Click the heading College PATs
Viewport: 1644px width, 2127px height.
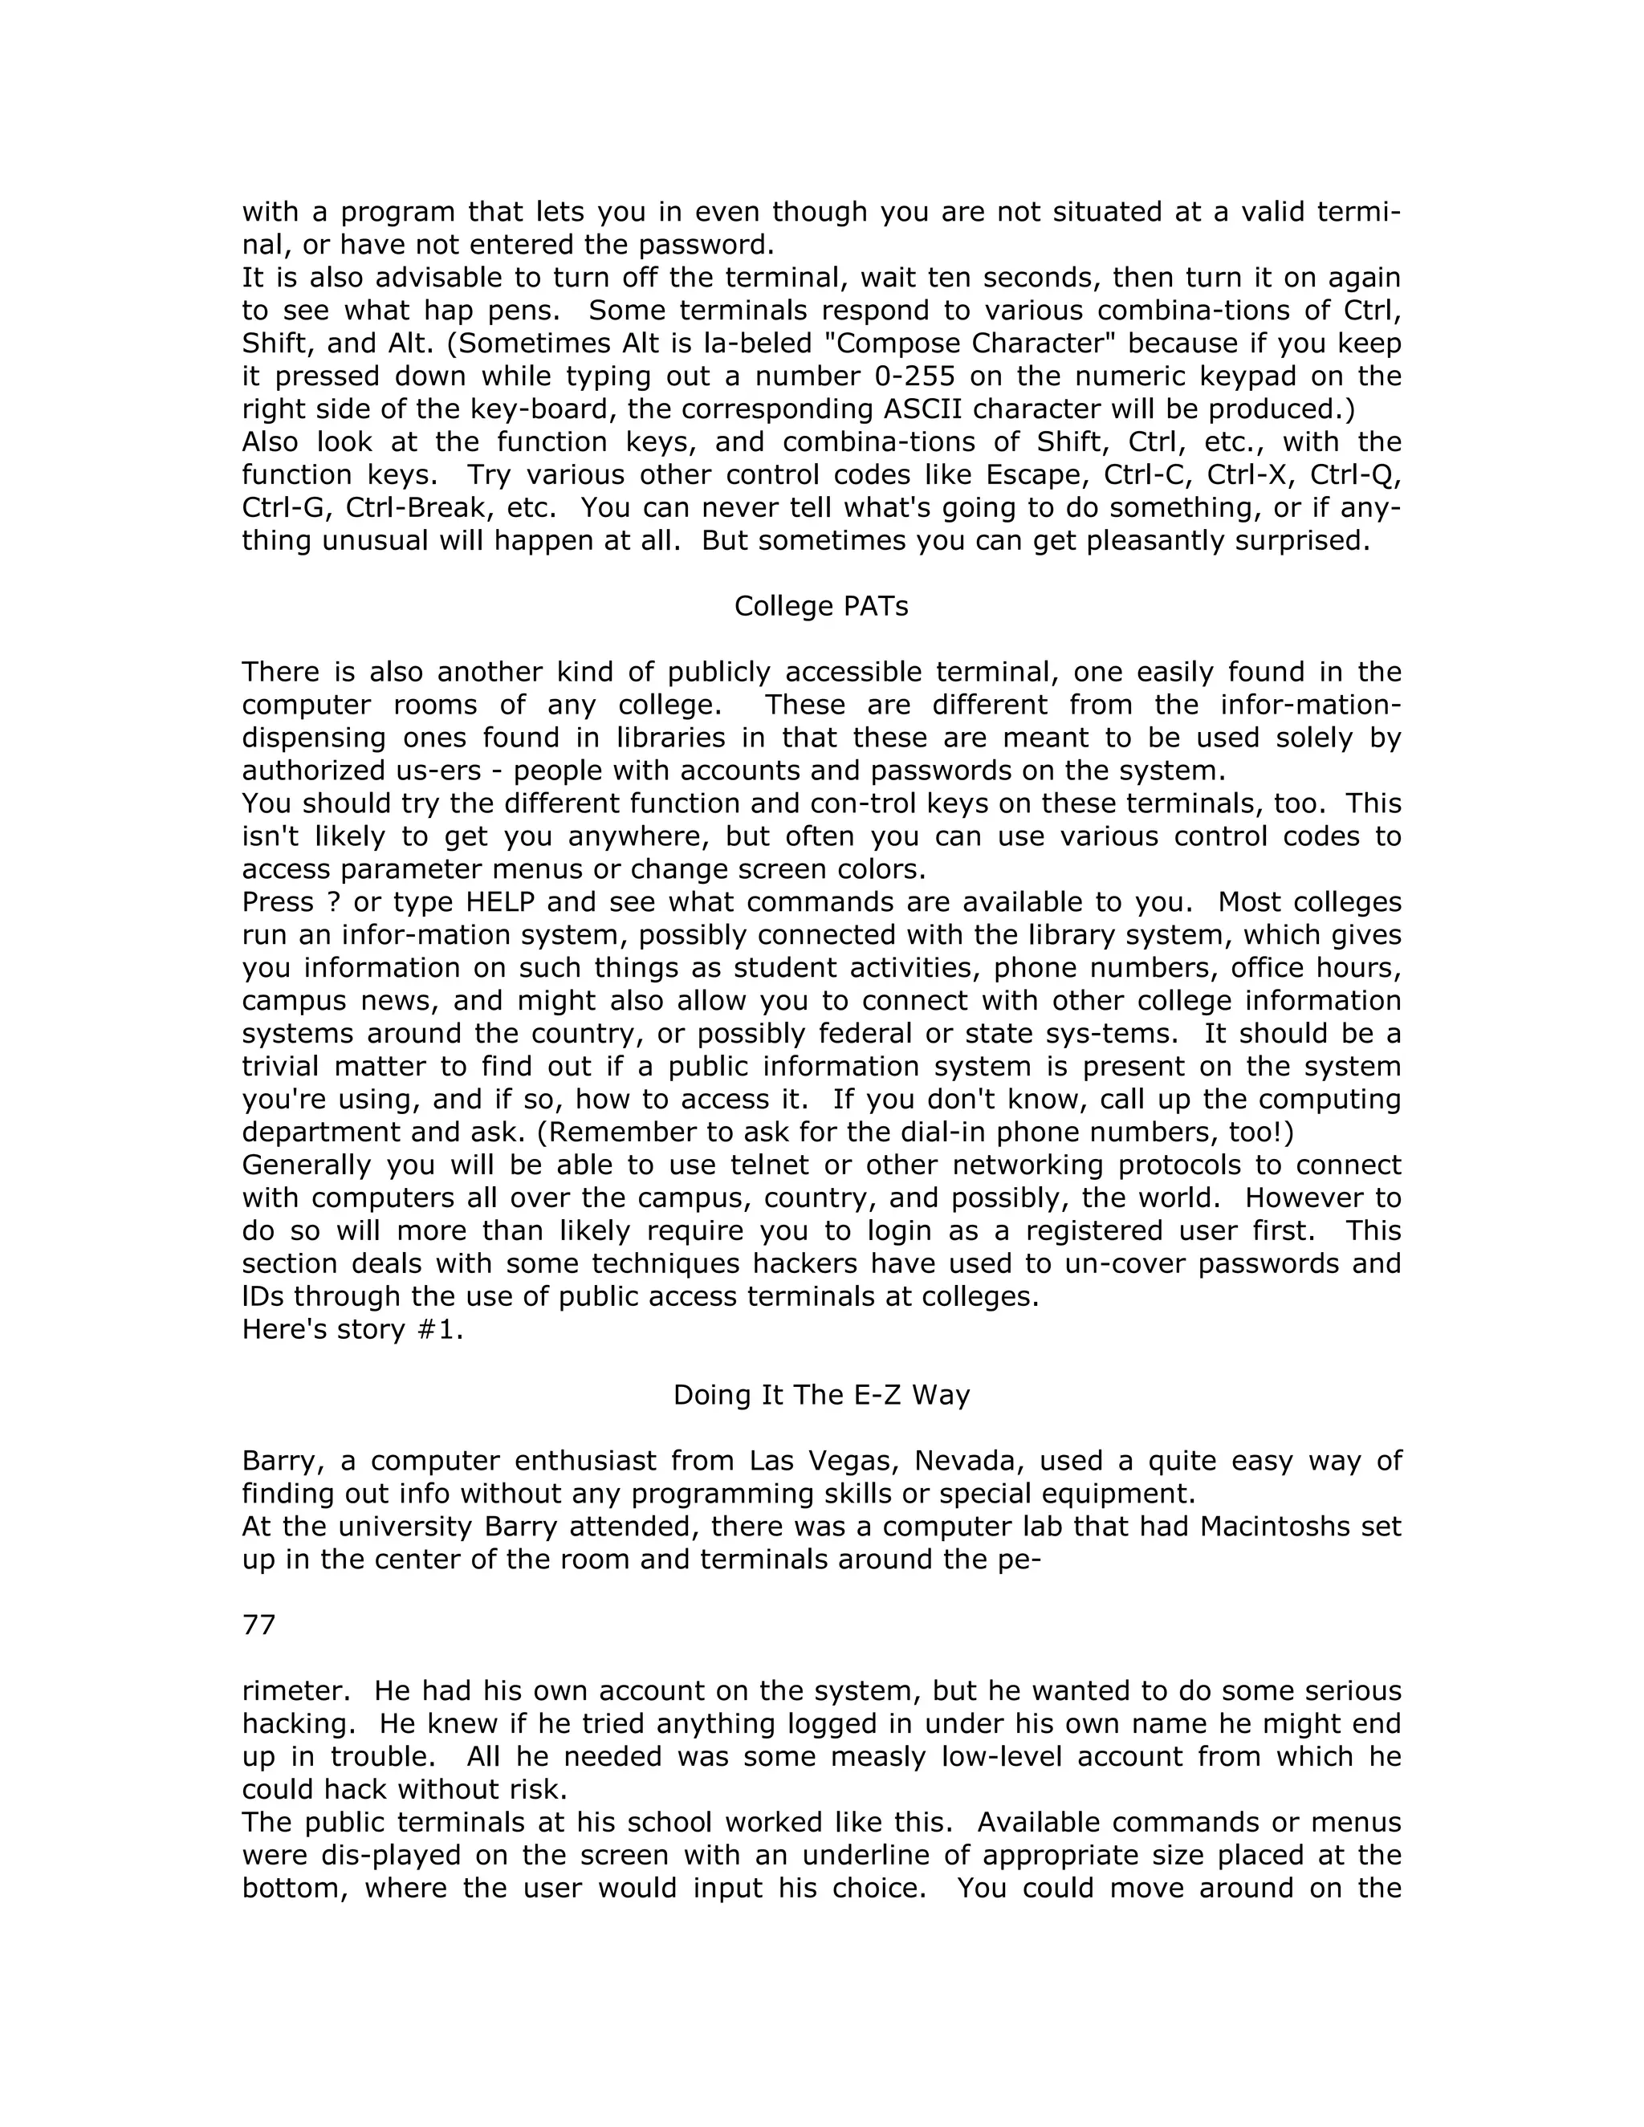[x=821, y=607]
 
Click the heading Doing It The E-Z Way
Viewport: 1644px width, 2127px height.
[x=821, y=1396]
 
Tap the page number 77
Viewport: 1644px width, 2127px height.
[x=259, y=1625]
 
